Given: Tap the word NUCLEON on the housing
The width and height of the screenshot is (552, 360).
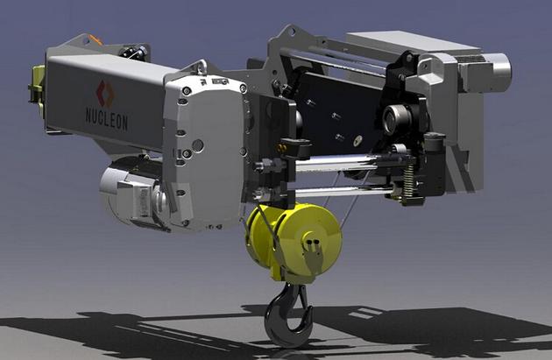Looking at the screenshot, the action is pos(107,119).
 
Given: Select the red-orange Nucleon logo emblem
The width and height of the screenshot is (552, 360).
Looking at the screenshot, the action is pos(105,93).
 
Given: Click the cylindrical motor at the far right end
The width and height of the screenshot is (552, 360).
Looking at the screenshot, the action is pos(495,72).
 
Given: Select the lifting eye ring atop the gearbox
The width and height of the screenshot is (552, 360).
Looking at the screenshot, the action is pos(202,67).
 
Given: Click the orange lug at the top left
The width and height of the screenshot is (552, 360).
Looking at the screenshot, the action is pos(96,39).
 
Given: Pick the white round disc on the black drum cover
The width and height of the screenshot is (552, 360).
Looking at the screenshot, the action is pos(358,140).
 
